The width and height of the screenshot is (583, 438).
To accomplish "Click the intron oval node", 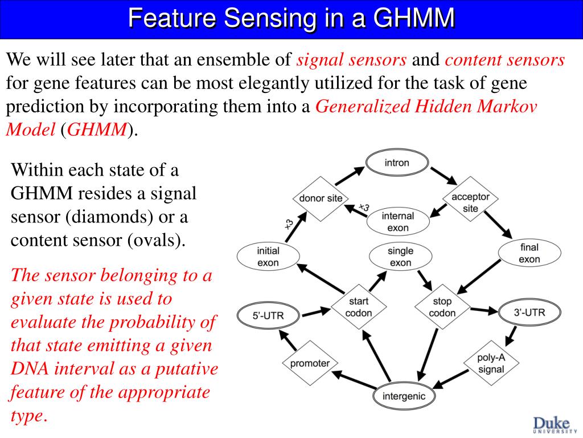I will (x=397, y=163).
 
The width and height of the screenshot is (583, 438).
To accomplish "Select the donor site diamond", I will (x=321, y=198).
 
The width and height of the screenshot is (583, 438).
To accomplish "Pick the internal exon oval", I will (x=398, y=221).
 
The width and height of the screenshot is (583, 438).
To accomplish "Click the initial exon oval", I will (x=268, y=257).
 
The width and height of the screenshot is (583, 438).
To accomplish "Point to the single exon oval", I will (x=400, y=257).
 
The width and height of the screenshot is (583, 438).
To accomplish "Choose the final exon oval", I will (x=529, y=253).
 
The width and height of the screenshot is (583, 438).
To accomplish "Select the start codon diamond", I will (x=359, y=307).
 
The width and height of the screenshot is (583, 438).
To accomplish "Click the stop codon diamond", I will (x=442, y=307).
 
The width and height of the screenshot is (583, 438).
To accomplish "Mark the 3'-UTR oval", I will (x=529, y=312).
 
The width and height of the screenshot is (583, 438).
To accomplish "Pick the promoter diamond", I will (x=310, y=363).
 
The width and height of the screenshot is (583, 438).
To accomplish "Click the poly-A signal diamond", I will (x=491, y=363).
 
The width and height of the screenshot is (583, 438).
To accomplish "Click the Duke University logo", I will (x=551, y=425).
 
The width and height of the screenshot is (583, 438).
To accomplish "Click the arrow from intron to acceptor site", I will (x=444, y=176).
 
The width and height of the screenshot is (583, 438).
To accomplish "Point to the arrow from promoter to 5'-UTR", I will (x=288, y=340).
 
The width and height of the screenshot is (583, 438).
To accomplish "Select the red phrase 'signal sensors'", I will (x=352, y=60).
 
